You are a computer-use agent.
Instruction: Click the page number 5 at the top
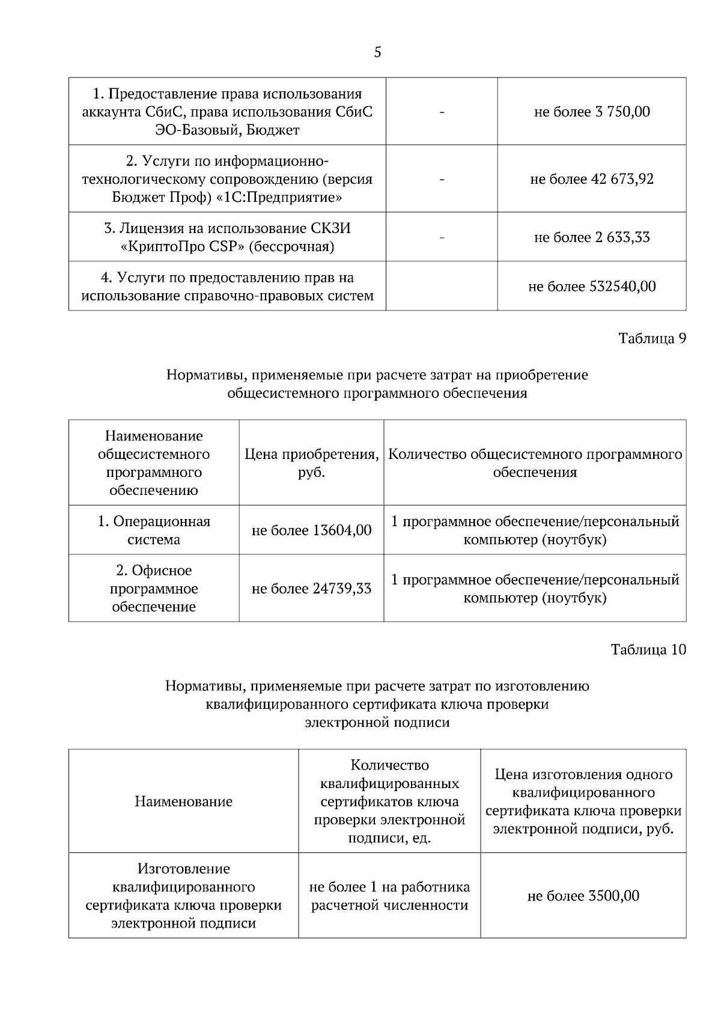tap(377, 52)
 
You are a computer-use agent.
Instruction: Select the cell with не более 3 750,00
tap(592, 112)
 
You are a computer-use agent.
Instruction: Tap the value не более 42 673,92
tap(592, 179)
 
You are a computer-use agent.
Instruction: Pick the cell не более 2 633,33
tap(592, 237)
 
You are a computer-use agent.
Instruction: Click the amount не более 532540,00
tap(592, 287)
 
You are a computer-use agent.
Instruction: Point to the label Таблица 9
tap(652, 338)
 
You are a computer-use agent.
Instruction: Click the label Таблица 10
tap(648, 649)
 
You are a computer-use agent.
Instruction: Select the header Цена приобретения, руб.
tap(311, 463)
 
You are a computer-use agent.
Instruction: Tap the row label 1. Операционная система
tap(154, 530)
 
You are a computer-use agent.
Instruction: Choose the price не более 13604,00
tap(311, 530)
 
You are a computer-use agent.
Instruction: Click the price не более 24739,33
tap(311, 589)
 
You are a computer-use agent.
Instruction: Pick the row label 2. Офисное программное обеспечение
tap(154, 589)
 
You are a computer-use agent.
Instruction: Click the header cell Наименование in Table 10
tap(183, 801)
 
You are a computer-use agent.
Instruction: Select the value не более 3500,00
tap(583, 896)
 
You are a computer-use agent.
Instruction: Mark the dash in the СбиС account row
tap(442, 112)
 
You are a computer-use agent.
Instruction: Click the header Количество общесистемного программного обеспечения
tap(535, 463)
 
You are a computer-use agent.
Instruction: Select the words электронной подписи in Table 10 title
tap(377, 723)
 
